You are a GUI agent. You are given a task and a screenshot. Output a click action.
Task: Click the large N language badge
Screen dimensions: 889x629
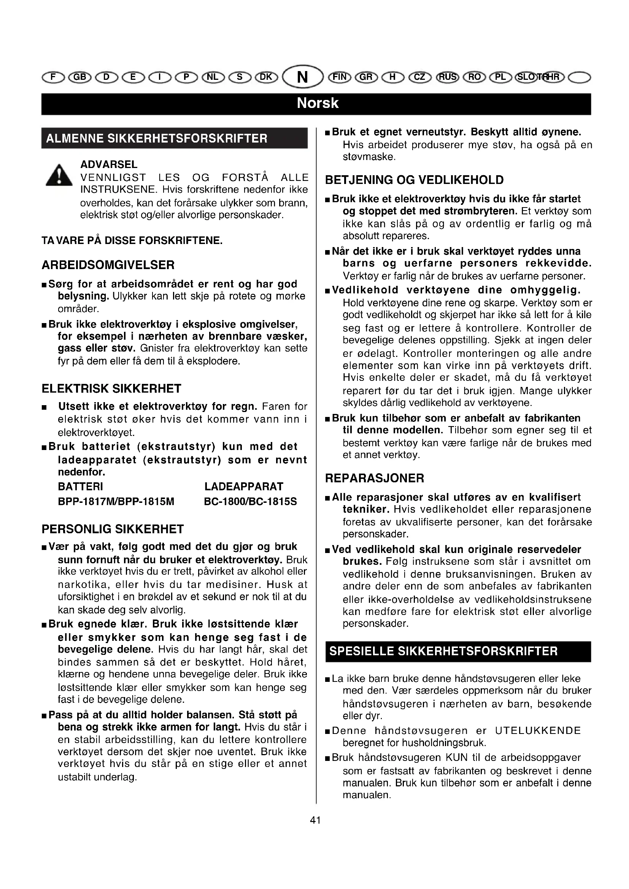pos(302,77)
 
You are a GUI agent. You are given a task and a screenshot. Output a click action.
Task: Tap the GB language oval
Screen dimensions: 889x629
pos(79,77)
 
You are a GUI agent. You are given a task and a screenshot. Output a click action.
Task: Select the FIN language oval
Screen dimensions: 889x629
pos(339,77)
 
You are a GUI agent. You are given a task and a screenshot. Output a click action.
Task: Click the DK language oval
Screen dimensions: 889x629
pos(266,77)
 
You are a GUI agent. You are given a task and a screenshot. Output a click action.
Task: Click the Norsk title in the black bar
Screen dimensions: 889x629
pos(317,103)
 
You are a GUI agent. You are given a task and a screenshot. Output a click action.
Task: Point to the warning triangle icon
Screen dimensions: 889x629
pos(59,175)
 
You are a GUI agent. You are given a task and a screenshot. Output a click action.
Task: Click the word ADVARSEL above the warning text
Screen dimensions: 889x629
pos(109,165)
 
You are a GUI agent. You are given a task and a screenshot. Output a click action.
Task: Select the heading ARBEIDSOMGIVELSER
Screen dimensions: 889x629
pos(108,265)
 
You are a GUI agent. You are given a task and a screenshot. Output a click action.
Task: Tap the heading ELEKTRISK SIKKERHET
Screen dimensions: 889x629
pos(111,388)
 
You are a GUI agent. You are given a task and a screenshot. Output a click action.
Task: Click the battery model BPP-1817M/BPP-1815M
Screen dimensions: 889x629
pos(116,502)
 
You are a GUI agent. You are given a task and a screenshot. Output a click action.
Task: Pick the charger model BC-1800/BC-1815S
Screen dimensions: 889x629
pos(250,502)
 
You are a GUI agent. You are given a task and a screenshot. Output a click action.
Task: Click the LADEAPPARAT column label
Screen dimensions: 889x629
pos(244,487)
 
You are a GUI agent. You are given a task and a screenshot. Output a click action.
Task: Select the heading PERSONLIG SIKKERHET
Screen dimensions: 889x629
pos(113,529)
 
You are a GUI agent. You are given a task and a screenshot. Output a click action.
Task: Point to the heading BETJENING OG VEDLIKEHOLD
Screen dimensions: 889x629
pos(415,180)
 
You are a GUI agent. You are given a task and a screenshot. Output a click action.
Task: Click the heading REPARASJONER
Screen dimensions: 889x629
pos(375,478)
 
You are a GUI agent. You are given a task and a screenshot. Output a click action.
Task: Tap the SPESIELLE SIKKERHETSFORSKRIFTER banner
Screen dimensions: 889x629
pos(443,651)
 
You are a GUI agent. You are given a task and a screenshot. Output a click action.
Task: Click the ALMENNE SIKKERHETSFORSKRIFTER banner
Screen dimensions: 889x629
pos(157,139)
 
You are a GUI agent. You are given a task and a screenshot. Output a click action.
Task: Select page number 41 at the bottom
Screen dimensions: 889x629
pos(315,820)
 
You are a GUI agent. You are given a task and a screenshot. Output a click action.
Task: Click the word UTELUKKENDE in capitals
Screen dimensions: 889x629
pos(538,731)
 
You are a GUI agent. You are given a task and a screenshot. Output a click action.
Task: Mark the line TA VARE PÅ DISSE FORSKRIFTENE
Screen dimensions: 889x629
pos(132,241)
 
